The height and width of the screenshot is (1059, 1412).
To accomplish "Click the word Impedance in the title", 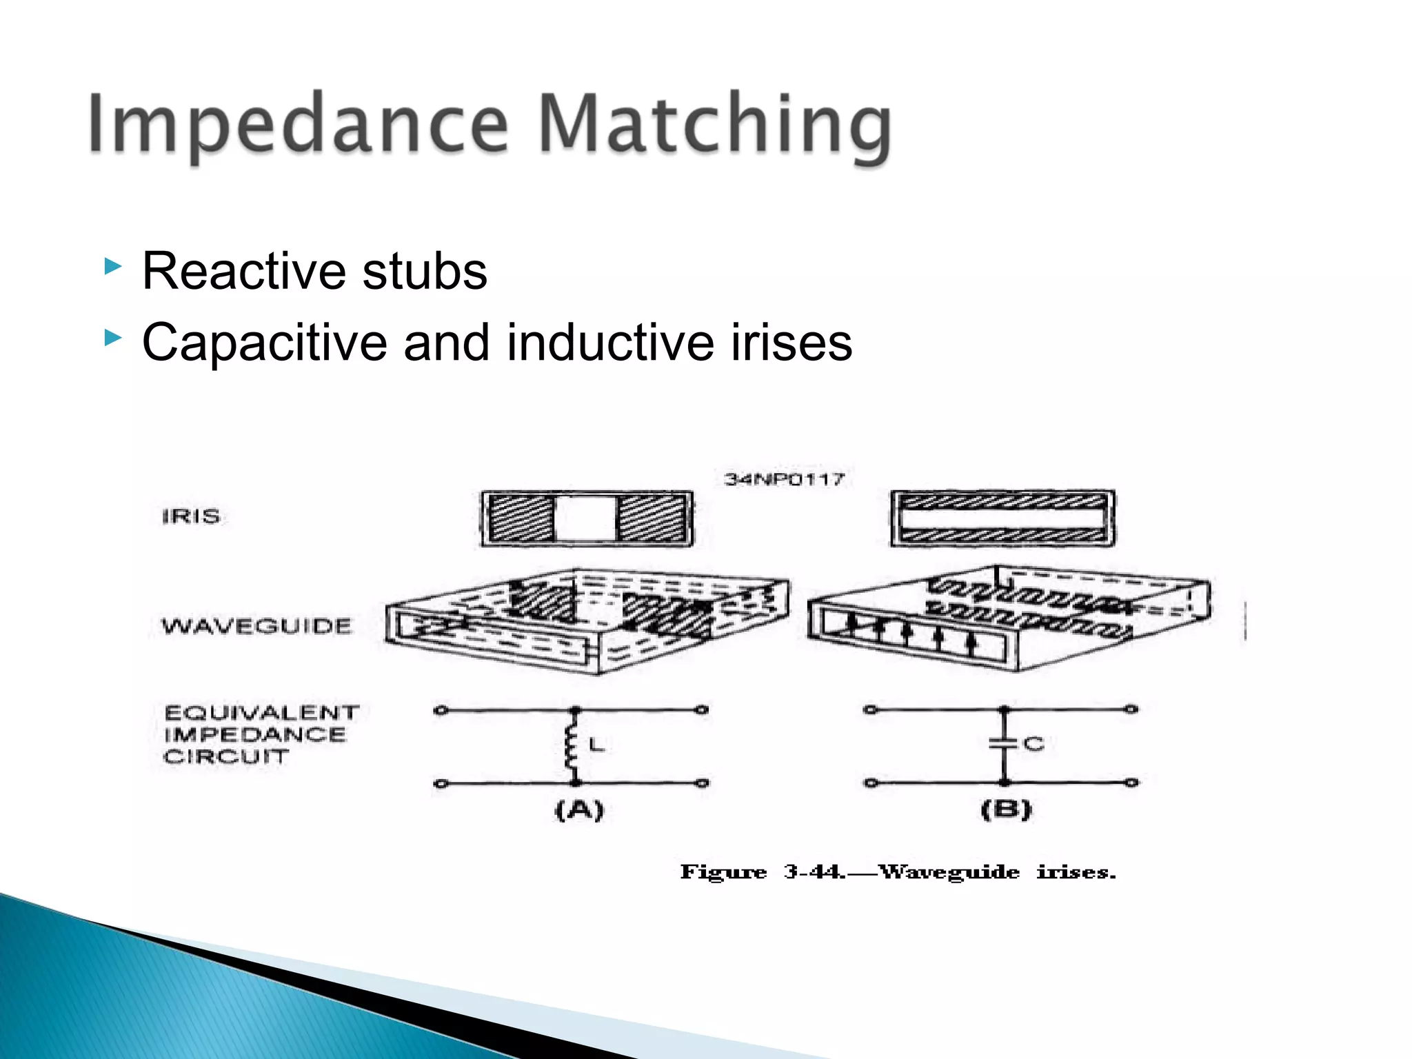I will [x=298, y=124].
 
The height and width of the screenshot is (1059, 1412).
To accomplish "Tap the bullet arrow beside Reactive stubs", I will [x=113, y=266].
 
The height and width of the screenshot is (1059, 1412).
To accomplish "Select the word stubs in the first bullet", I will [x=425, y=272].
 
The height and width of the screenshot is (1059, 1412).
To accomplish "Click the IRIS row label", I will [x=191, y=516].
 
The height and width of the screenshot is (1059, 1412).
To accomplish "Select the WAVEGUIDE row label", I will [x=256, y=627].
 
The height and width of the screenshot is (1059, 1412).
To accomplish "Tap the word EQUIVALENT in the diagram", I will [x=262, y=712].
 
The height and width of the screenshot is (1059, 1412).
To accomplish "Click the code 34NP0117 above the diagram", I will [x=785, y=479].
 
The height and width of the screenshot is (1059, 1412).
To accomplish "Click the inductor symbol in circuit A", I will [x=572, y=746].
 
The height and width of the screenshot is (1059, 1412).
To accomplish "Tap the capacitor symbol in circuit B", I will [x=1005, y=744].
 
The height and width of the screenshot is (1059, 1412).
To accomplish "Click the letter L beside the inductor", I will [x=597, y=745].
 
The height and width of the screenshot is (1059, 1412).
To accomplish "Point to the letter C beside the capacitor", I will [x=1034, y=744].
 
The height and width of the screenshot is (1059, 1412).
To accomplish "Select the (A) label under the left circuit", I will [x=579, y=810].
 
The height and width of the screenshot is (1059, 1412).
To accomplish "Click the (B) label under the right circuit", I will [x=1006, y=809].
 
